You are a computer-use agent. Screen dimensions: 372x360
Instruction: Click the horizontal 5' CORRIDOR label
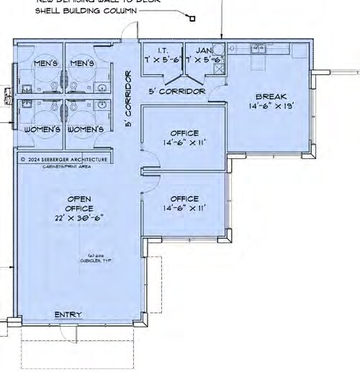coord(176,91)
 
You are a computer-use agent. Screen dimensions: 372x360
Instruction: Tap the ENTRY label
coord(68,314)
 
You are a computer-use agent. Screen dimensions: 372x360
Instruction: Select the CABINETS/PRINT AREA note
coord(65,166)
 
